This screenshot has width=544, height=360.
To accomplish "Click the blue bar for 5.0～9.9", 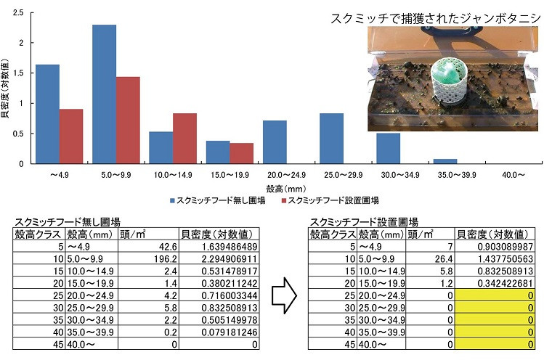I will coord(104,94).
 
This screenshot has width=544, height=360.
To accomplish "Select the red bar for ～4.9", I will coord(70,136).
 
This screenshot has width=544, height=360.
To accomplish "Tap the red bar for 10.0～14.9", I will coord(184,139).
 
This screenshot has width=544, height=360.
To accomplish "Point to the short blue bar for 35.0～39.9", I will coord(445,161).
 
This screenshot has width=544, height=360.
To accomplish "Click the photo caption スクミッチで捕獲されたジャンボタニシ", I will coord(434,19).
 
